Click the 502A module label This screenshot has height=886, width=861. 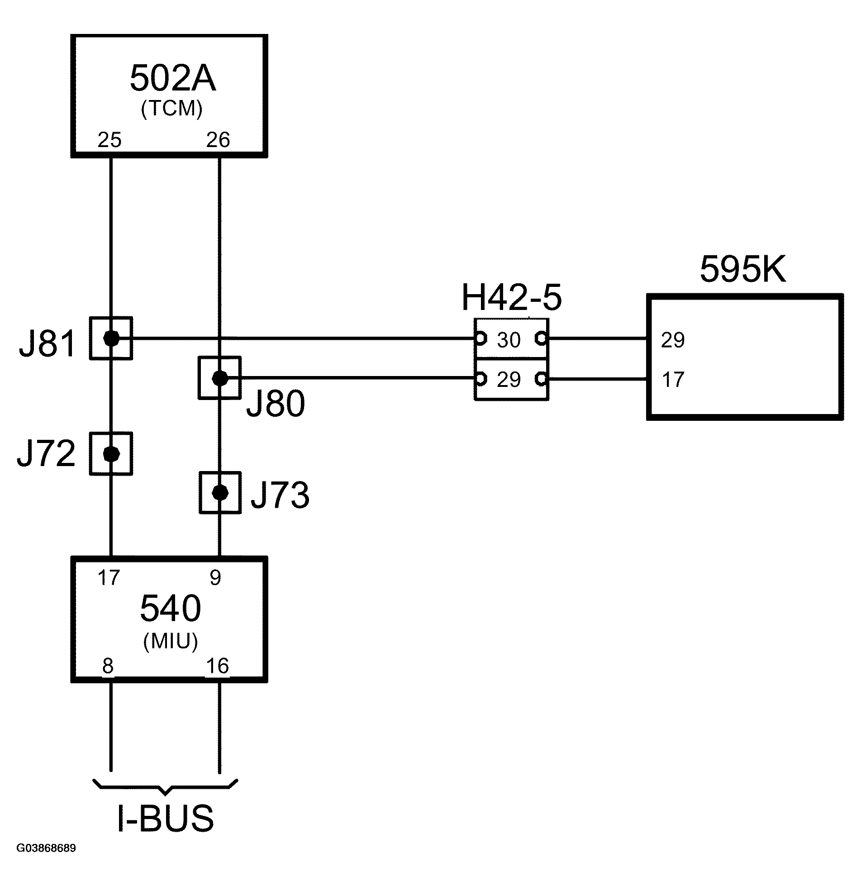click(x=172, y=78)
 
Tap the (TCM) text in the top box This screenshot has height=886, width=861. click(x=172, y=109)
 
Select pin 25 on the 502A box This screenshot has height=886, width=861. click(x=109, y=140)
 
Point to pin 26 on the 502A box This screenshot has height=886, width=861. click(x=218, y=140)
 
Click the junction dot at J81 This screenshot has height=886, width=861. click(x=111, y=338)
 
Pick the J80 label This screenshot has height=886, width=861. click(x=276, y=404)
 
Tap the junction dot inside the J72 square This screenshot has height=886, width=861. click(x=111, y=453)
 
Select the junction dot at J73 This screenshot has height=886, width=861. click(x=220, y=492)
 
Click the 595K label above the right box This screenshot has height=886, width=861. click(x=742, y=270)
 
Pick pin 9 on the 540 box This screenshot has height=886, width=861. click(x=215, y=578)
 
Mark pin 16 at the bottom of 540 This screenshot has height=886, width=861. click(x=218, y=666)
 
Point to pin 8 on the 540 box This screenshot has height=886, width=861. click(x=108, y=666)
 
